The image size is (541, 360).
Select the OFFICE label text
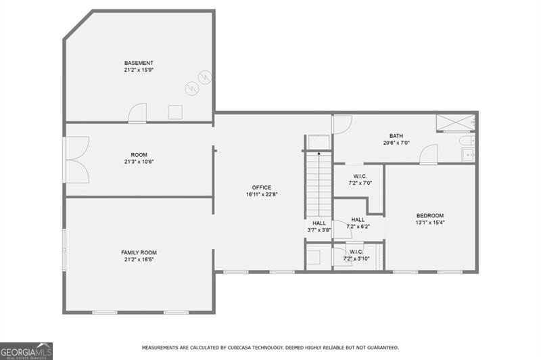[x=262, y=187]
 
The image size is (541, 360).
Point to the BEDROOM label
[x=429, y=215]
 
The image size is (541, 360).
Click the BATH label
[x=396, y=135]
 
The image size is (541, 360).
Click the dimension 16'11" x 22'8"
[x=262, y=194]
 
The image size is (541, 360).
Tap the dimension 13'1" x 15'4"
[x=429, y=222]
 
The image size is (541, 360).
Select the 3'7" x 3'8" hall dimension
[x=319, y=230]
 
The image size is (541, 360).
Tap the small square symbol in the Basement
[x=176, y=112]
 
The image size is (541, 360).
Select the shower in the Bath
[x=455, y=124]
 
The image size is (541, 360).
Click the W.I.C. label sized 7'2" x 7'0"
[x=360, y=178]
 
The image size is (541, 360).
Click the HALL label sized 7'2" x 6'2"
[x=358, y=223]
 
